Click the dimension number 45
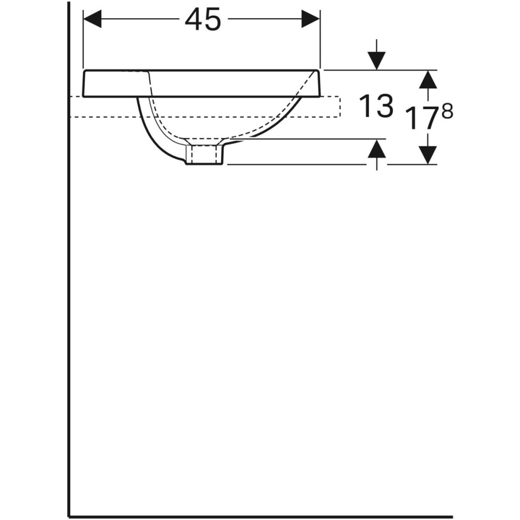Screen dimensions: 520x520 pos(203,20)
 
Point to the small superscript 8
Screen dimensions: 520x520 pos(447,111)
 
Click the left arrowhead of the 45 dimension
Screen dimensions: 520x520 pos(93,20)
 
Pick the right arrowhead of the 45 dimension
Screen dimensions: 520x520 pos(310,20)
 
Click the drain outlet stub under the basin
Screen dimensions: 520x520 pos(206,155)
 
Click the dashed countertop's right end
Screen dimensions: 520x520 pos(340,107)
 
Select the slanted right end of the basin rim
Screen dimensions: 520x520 pos(317,83)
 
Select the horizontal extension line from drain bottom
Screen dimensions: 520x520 pos(296,164)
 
